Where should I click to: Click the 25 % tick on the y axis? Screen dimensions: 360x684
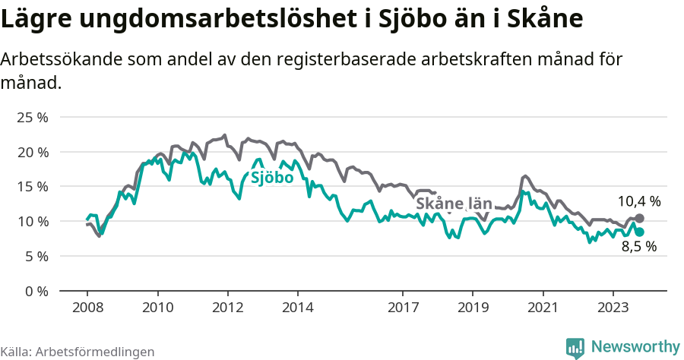click(32, 118)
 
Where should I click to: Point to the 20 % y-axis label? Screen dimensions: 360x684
click(32, 152)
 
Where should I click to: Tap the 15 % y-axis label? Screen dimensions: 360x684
click(32, 187)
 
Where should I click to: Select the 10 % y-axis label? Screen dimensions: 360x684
click(32, 222)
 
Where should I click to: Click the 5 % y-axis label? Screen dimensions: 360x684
click(35, 257)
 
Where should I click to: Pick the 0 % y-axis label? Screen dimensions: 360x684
click(35, 291)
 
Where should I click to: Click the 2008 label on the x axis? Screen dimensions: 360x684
click(87, 308)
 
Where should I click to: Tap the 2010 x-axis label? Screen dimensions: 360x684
click(157, 308)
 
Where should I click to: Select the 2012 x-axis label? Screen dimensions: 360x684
click(227, 308)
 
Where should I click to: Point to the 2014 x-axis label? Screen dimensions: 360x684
click(297, 308)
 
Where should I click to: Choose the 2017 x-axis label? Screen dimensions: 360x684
click(403, 308)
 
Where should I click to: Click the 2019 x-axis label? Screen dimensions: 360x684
click(473, 308)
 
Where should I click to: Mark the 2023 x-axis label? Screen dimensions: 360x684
click(613, 308)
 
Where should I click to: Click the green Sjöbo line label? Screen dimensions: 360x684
click(272, 178)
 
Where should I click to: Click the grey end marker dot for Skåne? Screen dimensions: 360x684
click(639, 219)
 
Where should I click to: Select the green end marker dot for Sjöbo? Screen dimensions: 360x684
click(639, 232)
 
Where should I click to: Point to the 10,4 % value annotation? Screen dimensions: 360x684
click(638, 202)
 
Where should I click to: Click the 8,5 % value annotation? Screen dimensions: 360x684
click(638, 247)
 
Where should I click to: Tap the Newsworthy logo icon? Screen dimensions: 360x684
click(575, 347)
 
